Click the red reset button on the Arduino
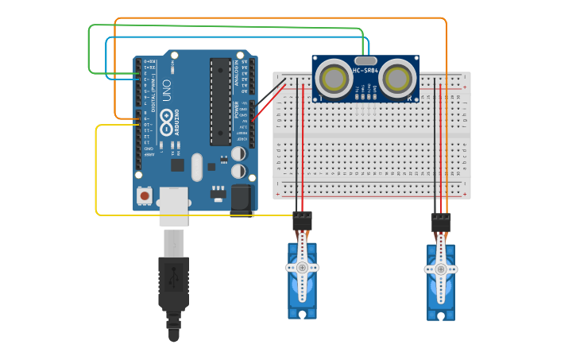(145, 195)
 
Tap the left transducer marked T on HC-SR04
(332, 78)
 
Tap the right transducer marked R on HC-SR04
(398, 78)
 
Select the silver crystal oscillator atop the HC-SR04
(365, 60)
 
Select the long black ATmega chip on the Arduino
(219, 102)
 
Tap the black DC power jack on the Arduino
(242, 199)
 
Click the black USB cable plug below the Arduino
(173, 282)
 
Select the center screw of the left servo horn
(302, 269)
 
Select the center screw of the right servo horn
(441, 269)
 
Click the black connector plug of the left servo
(302, 221)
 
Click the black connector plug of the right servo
(441, 223)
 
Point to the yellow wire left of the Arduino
(96, 171)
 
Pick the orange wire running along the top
(278, 17)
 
